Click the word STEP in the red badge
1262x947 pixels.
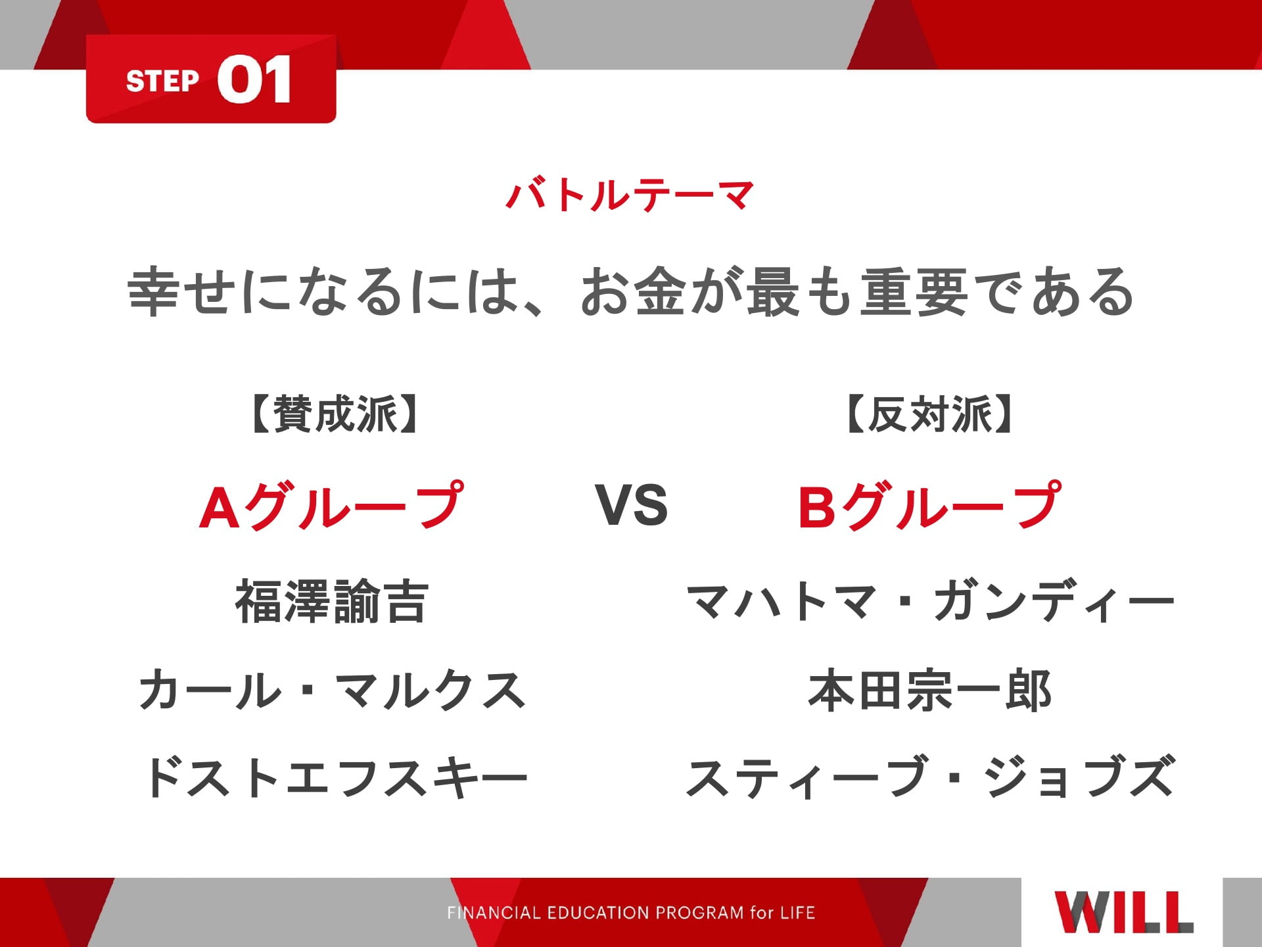(x=162, y=81)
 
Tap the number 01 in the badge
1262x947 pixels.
(x=254, y=79)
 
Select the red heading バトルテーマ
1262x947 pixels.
(x=630, y=195)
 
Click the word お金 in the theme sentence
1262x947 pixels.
(x=635, y=291)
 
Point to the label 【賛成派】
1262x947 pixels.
(x=334, y=414)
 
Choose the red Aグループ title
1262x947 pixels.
(x=331, y=506)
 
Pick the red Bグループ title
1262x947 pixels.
(x=929, y=506)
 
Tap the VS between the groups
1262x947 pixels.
(x=631, y=505)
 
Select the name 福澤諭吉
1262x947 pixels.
(x=332, y=601)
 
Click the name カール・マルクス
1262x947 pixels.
(x=333, y=691)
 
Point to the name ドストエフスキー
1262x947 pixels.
(x=335, y=777)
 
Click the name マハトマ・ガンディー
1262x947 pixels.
(x=929, y=601)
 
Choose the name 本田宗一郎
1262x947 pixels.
(x=929, y=691)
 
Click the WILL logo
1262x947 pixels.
(x=1124, y=912)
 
